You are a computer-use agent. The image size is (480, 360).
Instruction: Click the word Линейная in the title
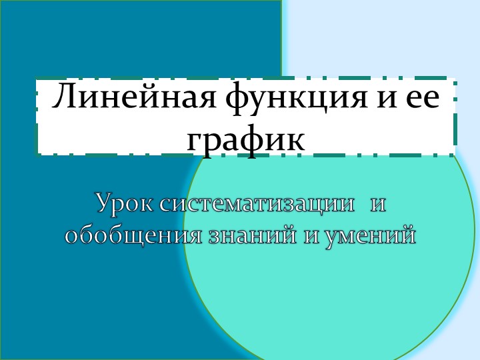(x=135, y=98)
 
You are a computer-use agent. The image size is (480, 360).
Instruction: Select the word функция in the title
(x=288, y=99)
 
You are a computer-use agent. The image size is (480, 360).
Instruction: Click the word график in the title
(x=246, y=139)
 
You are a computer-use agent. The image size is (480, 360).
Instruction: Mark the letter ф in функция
(x=236, y=99)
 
